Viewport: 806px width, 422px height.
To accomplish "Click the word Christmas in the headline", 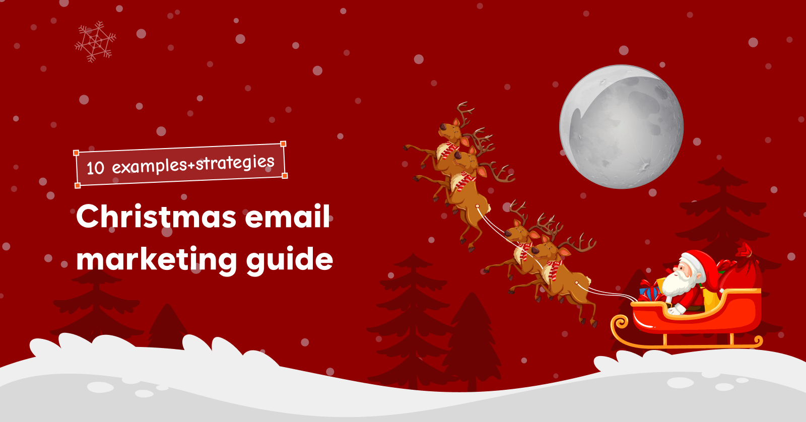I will point(156,217).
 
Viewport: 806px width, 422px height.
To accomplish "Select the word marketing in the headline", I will point(156,260).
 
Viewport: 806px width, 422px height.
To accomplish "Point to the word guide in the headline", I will point(290,260).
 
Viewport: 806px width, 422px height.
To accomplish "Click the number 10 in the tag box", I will point(95,168).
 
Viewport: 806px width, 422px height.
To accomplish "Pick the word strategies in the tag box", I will point(235,163).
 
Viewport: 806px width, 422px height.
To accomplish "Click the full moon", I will point(621,127).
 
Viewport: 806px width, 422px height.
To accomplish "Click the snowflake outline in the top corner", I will point(95,41).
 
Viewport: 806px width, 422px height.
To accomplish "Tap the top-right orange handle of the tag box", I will point(283,144).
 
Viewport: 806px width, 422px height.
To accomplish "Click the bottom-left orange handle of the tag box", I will point(78,185).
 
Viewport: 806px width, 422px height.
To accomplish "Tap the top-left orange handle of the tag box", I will point(76,153).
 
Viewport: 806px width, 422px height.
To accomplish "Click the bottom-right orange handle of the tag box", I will point(285,176).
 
